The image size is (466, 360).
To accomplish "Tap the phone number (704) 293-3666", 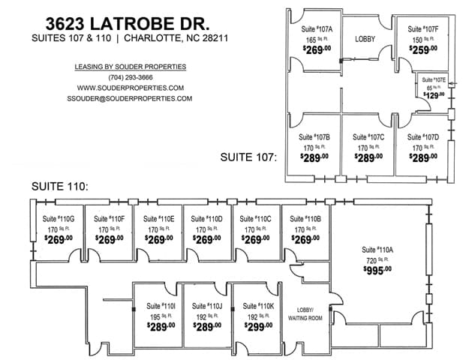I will coord(129,77).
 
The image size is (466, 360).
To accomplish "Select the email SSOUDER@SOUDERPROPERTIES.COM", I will coord(129,98).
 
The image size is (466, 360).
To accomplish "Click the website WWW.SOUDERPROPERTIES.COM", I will coord(129,88).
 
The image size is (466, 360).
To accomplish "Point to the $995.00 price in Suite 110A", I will coord(377,268).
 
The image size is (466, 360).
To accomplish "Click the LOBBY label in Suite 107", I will coord(365,38).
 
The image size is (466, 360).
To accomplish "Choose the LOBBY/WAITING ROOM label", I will coord(305,313).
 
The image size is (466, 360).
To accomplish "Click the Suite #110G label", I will coord(57,219).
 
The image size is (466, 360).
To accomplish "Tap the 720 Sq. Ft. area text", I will coord(377,259).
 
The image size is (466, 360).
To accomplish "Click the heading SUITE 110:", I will coord(59,184).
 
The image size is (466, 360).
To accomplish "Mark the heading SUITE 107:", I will coord(248,157).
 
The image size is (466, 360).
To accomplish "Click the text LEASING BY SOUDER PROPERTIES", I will coord(129,67).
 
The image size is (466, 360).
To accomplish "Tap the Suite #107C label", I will coord(368,137).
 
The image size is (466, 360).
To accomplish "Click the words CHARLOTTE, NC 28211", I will coord(177,38).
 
